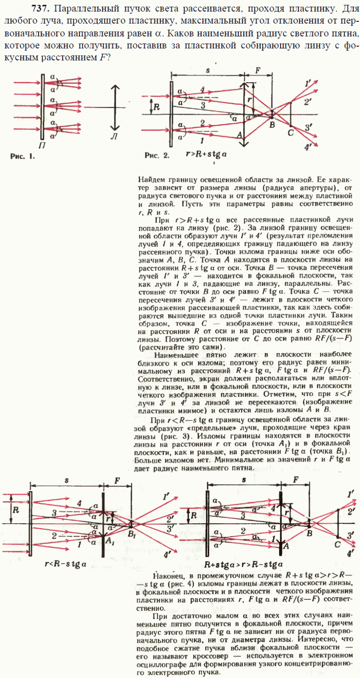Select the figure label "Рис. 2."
tap(157, 155)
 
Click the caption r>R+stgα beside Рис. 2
tap(207, 154)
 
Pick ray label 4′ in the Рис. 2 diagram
tap(310, 147)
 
